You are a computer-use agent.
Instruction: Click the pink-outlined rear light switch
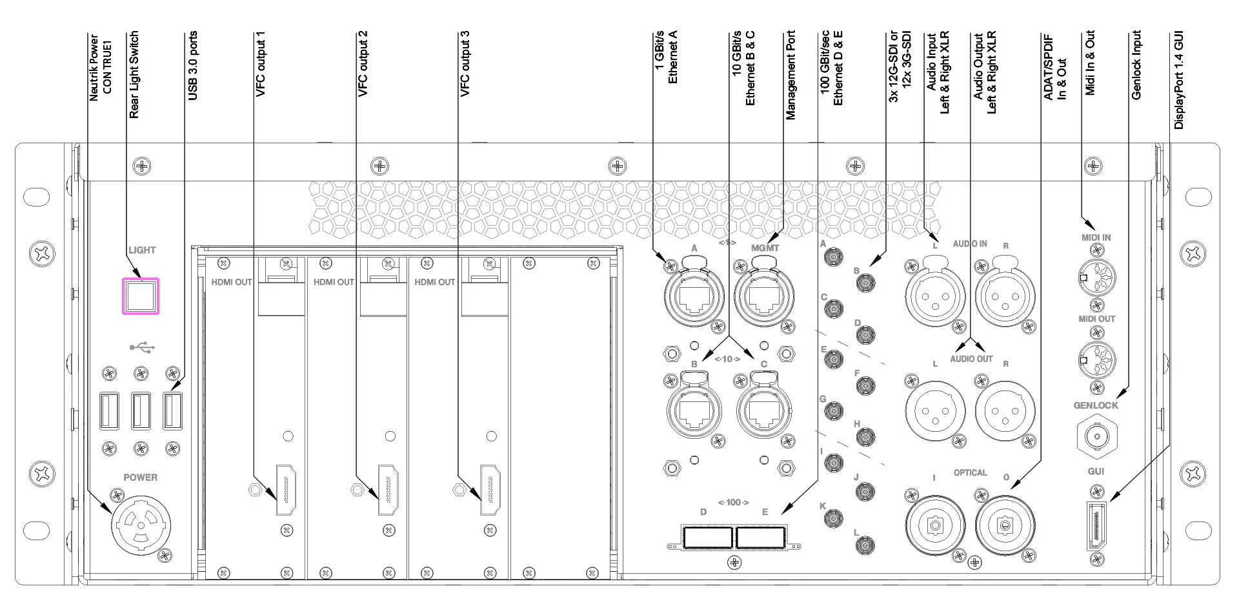(x=141, y=296)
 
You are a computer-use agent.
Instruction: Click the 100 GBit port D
(x=706, y=538)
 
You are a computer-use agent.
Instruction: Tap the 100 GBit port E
(x=761, y=538)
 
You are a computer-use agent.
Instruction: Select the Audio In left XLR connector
(x=935, y=296)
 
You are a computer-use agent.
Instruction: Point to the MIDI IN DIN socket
(x=1095, y=278)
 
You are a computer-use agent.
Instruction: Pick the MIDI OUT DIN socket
(x=1095, y=360)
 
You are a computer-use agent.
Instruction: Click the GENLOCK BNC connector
(x=1096, y=438)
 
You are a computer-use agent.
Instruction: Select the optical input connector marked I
(x=935, y=525)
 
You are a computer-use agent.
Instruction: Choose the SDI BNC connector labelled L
(x=865, y=547)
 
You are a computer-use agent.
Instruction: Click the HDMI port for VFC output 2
(x=388, y=490)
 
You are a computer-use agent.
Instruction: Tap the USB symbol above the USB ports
(x=142, y=347)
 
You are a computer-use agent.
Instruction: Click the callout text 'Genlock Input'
(x=1137, y=65)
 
